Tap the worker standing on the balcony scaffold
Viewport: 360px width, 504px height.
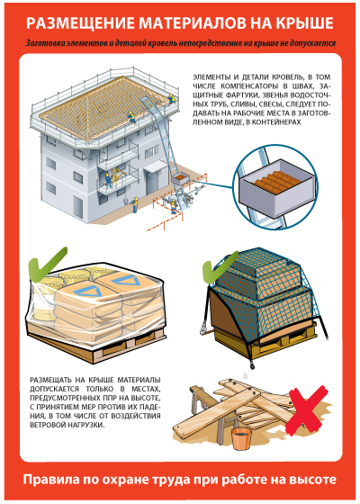coord(109,180)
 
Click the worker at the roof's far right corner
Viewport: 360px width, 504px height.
coord(172,98)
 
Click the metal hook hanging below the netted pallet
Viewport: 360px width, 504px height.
coord(252,364)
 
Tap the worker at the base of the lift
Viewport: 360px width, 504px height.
coord(174,206)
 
